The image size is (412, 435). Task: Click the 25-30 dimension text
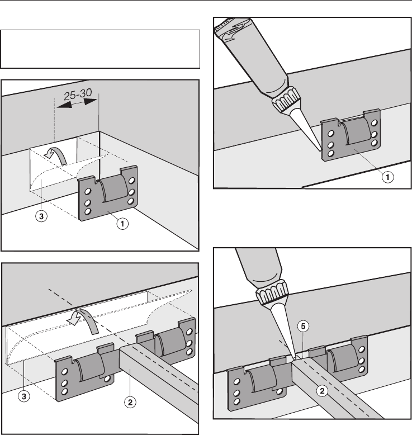[x=78, y=94]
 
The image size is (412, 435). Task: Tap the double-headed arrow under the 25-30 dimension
[x=77, y=104]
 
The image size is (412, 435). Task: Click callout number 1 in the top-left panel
[x=122, y=224]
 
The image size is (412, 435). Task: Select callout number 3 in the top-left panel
[x=41, y=216]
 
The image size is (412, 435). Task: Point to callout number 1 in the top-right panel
[x=387, y=177]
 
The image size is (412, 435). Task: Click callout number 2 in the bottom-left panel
[x=130, y=402]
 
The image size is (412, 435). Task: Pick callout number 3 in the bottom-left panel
[x=24, y=396]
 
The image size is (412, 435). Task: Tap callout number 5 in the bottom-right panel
[x=303, y=326]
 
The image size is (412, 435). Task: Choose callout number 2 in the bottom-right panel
[x=322, y=391]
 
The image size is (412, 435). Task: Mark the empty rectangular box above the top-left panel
[x=100, y=49]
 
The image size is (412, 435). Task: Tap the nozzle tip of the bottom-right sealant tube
[x=294, y=358]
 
